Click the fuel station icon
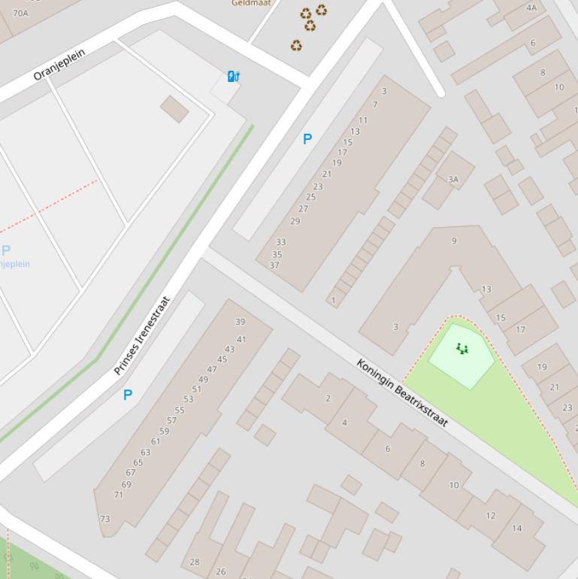(x=233, y=76)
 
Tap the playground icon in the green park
(x=462, y=348)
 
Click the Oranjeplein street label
(x=59, y=65)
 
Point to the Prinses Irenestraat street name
(x=142, y=336)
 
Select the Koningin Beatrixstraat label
(x=402, y=393)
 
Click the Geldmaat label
(x=251, y=3)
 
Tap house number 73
(x=104, y=519)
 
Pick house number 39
(x=240, y=322)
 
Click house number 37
(x=274, y=265)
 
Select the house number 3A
(x=452, y=179)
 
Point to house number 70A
(x=20, y=13)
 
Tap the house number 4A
(x=531, y=8)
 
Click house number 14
(x=516, y=528)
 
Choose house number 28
(x=195, y=562)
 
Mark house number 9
(x=454, y=241)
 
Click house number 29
(x=295, y=221)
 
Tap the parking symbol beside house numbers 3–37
(x=307, y=139)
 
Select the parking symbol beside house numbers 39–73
(x=128, y=395)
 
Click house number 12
(x=491, y=515)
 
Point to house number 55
(x=180, y=411)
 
